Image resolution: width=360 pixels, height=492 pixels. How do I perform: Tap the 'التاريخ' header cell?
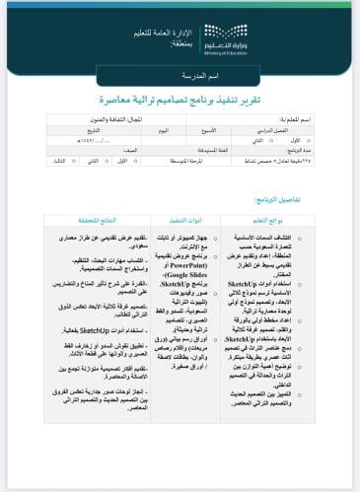pos(94,129)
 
